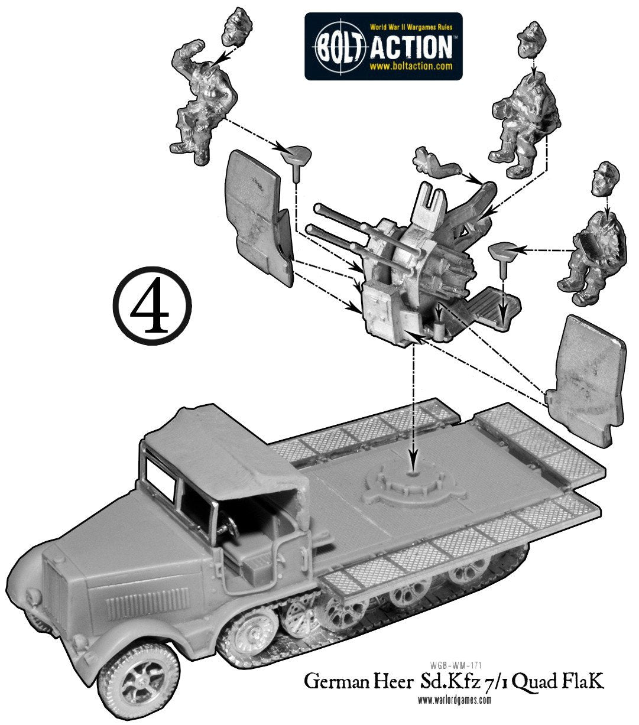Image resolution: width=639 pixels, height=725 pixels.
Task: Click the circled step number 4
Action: (x=152, y=306)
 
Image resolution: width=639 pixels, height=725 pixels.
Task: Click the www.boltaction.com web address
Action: (x=411, y=66)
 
